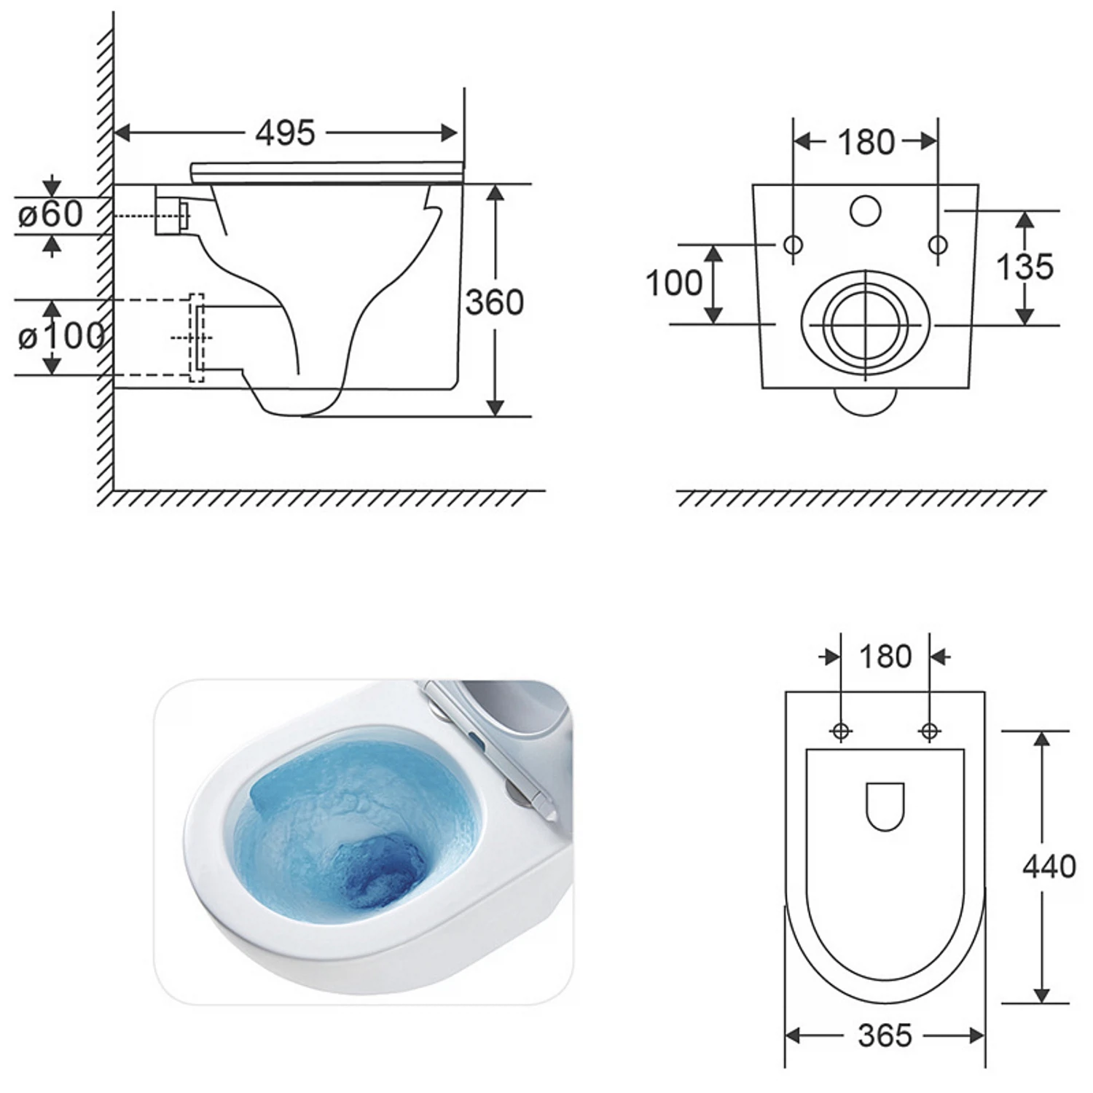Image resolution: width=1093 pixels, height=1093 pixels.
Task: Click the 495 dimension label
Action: (286, 133)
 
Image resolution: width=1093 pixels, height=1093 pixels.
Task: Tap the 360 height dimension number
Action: (495, 302)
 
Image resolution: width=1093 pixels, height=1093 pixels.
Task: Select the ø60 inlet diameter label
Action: (50, 214)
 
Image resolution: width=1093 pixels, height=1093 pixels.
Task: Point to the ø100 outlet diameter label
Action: (61, 337)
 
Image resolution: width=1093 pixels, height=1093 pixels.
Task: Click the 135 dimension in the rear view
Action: (1025, 267)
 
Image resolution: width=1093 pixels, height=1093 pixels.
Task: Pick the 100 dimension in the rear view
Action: (674, 283)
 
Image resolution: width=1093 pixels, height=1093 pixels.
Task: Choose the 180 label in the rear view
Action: (866, 142)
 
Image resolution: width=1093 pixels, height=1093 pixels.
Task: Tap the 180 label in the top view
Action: (885, 657)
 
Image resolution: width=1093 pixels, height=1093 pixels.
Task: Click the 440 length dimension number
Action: (1049, 866)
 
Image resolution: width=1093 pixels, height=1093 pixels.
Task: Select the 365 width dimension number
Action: (885, 1035)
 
